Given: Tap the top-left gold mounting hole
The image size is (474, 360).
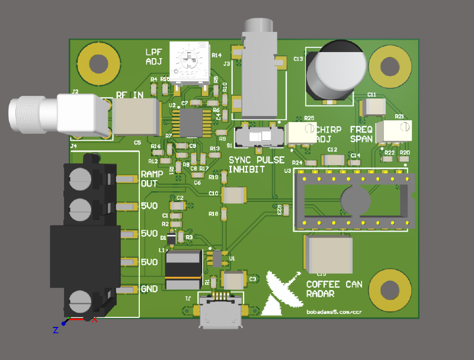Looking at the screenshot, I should click(x=95, y=63).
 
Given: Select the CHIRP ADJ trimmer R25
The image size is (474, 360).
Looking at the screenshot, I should click(x=301, y=133).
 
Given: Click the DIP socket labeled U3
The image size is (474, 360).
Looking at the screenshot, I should click(x=352, y=200).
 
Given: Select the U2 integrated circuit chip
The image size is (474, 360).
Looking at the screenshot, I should click(x=191, y=123).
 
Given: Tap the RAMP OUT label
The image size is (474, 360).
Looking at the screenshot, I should click(x=149, y=179).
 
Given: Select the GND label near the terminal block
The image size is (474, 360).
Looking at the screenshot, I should click(x=149, y=289).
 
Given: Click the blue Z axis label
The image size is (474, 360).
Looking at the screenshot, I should click(x=55, y=330).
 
